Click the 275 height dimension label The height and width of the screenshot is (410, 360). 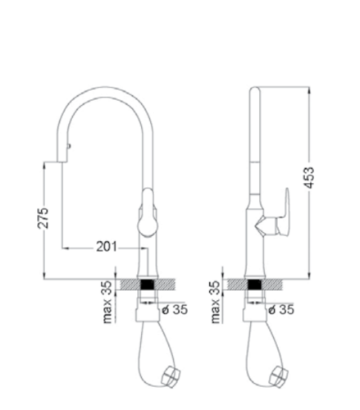(43, 218)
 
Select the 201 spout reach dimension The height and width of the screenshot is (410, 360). (107, 248)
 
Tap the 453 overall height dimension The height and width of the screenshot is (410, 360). (309, 177)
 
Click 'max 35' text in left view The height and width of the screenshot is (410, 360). (107, 302)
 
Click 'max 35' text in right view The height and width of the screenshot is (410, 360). (215, 302)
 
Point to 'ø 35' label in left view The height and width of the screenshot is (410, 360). (175, 310)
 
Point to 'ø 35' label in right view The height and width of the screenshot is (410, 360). (281, 310)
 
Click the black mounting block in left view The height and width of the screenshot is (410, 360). (147, 285)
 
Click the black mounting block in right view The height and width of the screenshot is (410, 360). (254, 285)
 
